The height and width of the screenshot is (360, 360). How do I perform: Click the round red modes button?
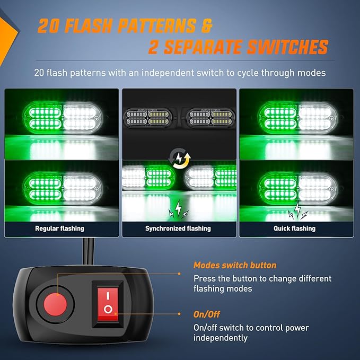coord(55,305)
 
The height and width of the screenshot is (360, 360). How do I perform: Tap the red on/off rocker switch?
coord(108,304)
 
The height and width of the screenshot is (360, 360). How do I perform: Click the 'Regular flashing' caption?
coord(60,229)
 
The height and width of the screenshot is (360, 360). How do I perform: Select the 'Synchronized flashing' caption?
coord(178,229)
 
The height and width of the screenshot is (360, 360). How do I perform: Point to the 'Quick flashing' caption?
coord(295,229)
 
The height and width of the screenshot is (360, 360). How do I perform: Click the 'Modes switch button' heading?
coord(235,265)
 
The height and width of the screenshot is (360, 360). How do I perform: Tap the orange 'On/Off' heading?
coord(207,314)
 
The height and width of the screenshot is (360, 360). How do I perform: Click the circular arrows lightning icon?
coord(179,158)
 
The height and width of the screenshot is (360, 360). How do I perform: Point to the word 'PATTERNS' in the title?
coord(157,25)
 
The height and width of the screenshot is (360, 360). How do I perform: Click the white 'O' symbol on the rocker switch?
coord(108,309)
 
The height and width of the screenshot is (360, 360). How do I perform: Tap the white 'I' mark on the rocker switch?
coord(108,296)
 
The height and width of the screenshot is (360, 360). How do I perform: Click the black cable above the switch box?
coord(89,252)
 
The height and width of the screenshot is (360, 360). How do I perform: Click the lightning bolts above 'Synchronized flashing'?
coord(178,209)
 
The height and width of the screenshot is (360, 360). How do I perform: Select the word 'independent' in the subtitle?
coord(168,73)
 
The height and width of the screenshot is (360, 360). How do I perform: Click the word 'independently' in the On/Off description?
coord(221,338)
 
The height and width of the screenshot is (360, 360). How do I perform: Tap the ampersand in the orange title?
coord(206,25)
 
